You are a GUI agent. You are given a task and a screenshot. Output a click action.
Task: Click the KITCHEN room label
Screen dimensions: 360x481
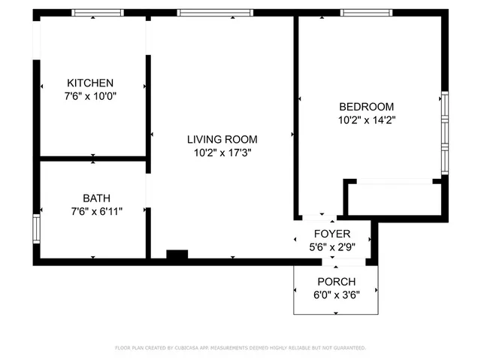[90, 83]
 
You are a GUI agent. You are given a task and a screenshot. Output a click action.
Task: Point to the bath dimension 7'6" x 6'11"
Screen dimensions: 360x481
[92, 211]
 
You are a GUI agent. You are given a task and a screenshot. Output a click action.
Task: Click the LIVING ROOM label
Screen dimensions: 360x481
[222, 139]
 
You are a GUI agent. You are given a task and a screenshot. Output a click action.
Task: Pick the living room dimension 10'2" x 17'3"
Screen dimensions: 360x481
[222, 153]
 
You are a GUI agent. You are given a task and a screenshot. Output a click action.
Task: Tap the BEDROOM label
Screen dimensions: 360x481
[366, 107]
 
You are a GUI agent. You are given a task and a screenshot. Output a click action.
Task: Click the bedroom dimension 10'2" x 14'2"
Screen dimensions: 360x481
[366, 119]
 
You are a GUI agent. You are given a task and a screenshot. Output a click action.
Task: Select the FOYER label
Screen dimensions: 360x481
[332, 234]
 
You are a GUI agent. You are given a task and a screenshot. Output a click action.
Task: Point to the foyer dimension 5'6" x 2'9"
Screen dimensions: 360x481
[332, 246]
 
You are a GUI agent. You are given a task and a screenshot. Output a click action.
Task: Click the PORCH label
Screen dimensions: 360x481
[337, 282]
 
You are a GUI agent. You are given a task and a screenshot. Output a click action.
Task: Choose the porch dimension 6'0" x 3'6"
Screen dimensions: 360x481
[337, 294]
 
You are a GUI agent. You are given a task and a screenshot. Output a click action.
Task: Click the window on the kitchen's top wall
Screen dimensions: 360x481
[98, 13]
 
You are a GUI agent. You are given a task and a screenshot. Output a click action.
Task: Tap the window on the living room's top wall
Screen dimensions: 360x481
[204, 13]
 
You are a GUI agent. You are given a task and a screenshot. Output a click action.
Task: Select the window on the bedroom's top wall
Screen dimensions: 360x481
[366, 13]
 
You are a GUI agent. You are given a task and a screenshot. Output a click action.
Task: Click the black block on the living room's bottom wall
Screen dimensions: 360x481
[177, 256]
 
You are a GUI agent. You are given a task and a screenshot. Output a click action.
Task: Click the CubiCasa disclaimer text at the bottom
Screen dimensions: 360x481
[240, 348]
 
